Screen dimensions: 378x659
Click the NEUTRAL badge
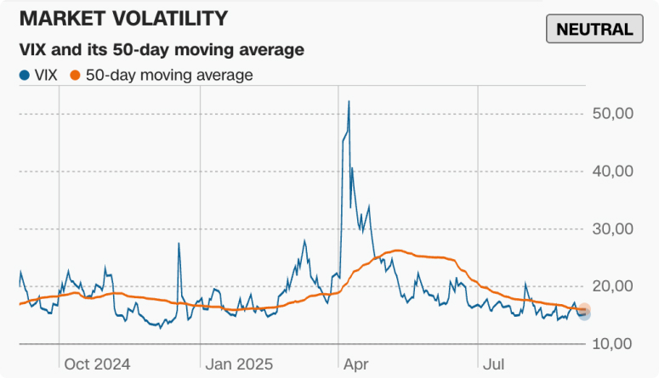click(x=594, y=30)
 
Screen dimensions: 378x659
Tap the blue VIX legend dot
click(x=23, y=76)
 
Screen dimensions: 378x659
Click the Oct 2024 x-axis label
click(x=98, y=364)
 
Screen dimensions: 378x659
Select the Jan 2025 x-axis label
click(x=239, y=364)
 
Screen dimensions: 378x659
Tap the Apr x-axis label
click(x=356, y=364)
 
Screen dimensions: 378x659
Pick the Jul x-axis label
click(x=493, y=364)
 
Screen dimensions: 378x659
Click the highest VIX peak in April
click(x=349, y=102)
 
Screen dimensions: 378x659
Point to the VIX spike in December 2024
click(x=179, y=245)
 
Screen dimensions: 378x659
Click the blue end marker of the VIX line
click(x=583, y=314)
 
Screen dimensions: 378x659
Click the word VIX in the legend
click(x=46, y=76)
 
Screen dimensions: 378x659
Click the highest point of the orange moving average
click(x=395, y=251)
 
